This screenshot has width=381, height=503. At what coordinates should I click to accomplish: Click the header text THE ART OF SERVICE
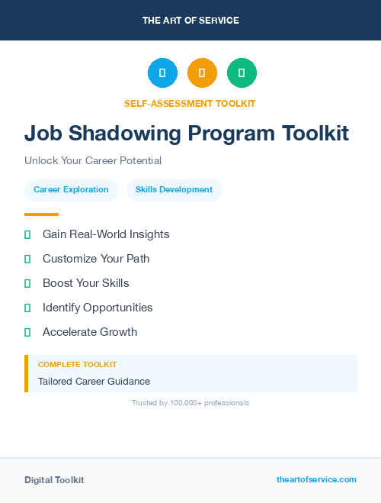coord(190,21)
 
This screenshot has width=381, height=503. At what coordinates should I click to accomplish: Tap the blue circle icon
coord(162,73)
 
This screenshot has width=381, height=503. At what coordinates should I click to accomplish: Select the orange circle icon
coord(202,73)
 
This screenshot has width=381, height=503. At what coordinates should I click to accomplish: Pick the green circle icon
coord(242,73)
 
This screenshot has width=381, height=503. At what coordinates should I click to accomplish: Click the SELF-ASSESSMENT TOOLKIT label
coord(190,103)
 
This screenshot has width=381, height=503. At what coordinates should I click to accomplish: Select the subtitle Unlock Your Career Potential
coord(93,161)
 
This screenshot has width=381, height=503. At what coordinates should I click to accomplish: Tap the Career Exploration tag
coord(71,190)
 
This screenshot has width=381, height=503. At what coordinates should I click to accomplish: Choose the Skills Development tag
coord(174,190)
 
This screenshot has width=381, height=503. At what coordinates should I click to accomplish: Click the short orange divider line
coord(41,214)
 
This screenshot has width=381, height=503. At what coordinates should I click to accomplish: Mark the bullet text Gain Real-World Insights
coord(106,234)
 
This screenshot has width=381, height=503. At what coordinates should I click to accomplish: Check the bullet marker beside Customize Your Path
coord(27,260)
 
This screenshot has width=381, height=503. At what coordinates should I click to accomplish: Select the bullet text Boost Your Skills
coord(86,283)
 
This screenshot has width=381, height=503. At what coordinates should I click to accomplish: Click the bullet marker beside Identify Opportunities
coord(27,308)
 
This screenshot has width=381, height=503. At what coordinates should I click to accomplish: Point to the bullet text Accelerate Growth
coord(90,332)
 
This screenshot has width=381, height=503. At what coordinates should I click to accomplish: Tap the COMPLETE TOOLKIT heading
coord(77,365)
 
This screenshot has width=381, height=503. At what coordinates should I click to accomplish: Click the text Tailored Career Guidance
coord(94,382)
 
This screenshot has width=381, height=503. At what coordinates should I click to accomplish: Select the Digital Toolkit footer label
coord(54,480)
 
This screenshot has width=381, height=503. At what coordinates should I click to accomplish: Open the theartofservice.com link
coord(316,479)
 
